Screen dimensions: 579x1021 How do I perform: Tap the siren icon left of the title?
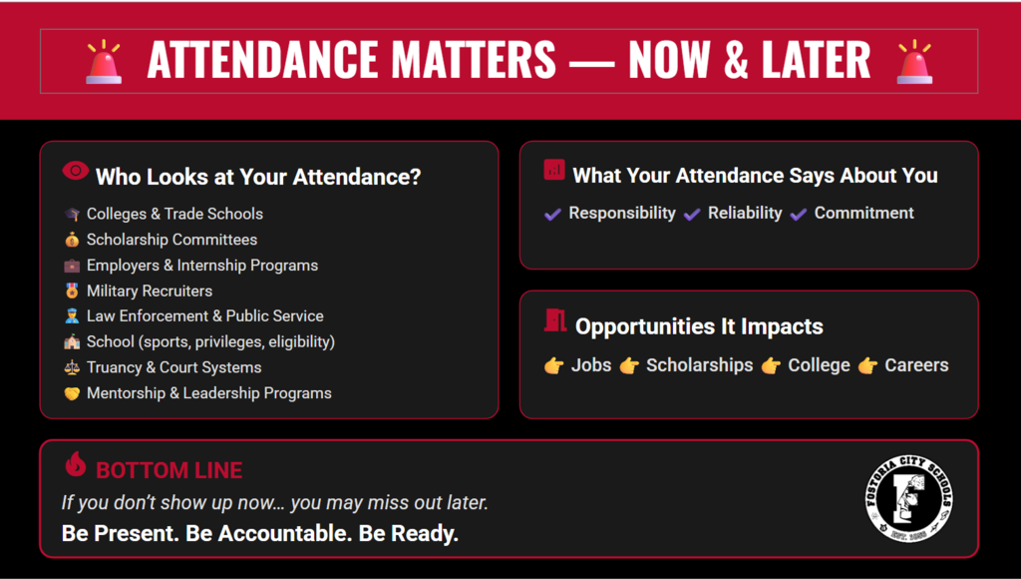click(104, 61)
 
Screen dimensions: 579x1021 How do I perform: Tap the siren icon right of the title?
click(914, 61)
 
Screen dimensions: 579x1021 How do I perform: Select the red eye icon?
click(75, 172)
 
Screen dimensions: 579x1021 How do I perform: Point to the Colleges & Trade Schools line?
click(174, 214)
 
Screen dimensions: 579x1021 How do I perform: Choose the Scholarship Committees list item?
click(171, 240)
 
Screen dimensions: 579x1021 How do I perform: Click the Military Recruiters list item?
click(150, 290)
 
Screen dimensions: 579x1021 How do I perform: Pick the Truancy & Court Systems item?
click(173, 367)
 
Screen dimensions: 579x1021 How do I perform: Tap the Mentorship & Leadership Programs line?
click(208, 393)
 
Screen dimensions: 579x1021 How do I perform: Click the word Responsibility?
click(622, 213)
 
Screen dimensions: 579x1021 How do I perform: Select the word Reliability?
click(745, 213)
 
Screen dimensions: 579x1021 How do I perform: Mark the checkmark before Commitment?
click(799, 214)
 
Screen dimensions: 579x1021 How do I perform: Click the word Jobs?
click(591, 365)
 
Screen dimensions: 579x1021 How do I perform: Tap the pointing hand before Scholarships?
click(629, 366)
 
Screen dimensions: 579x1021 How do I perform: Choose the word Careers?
click(916, 365)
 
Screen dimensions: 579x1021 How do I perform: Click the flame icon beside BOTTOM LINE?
click(75, 464)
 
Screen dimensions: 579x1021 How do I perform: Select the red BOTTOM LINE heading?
click(169, 470)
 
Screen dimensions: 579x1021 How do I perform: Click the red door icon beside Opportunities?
click(555, 320)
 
